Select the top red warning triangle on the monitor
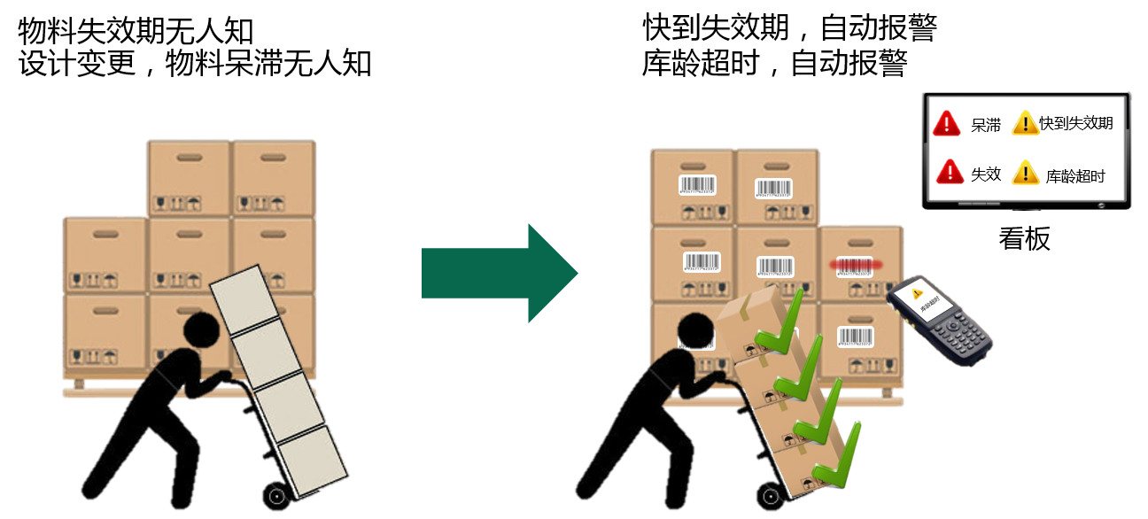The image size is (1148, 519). (946, 123)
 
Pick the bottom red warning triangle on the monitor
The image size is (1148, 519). (949, 171)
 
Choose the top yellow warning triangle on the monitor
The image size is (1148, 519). (1025, 123)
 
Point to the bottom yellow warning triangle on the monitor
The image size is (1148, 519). (1025, 172)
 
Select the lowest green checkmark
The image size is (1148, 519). (837, 456)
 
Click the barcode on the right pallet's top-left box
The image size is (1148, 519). (698, 185)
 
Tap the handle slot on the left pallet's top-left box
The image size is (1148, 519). (189, 158)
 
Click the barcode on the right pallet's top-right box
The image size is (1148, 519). (773, 188)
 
